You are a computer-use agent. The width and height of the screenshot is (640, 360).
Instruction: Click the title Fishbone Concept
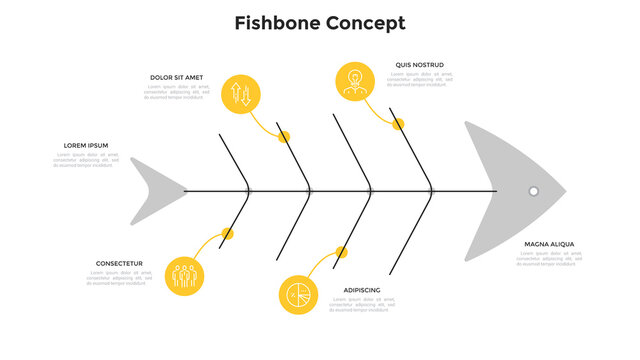320,23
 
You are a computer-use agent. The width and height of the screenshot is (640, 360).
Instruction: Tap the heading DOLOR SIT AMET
176,77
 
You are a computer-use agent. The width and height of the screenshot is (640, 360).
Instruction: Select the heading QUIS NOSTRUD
419,65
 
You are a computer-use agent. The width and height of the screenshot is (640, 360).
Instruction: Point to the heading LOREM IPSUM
86,145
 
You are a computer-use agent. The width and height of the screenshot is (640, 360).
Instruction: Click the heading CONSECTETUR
119,263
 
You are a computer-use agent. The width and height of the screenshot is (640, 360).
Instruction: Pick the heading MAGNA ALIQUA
549,243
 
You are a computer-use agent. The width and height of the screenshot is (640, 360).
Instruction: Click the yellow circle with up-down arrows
241,94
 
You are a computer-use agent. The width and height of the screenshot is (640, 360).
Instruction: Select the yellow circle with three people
183,273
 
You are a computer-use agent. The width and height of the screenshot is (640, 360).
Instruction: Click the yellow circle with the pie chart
297,295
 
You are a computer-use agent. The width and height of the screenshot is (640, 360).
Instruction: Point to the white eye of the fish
534,191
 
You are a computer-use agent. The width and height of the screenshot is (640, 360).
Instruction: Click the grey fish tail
155,190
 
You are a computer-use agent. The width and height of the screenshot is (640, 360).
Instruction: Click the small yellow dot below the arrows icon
284,136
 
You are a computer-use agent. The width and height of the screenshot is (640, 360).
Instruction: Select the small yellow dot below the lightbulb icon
398,124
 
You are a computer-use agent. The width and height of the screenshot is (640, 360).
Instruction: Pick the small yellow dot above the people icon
228,234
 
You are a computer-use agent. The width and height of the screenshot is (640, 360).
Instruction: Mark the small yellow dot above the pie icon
342,252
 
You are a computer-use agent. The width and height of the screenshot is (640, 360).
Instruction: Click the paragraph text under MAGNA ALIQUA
549,258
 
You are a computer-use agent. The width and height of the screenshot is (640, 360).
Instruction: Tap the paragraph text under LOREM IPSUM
86,160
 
